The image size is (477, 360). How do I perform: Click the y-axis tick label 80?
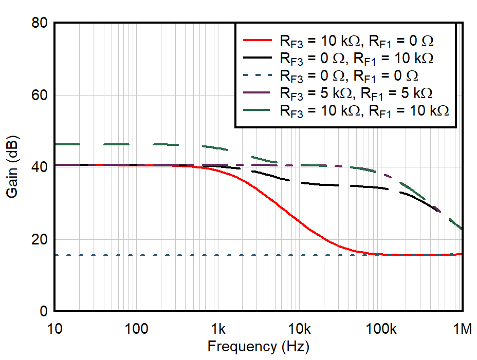point(39,23)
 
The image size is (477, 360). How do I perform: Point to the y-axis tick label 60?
point(39,96)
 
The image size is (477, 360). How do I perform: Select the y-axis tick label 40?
point(39,167)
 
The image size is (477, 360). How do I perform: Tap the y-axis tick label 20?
point(39,240)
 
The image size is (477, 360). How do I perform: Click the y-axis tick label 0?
point(43,312)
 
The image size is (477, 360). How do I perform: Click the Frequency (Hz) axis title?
point(258,347)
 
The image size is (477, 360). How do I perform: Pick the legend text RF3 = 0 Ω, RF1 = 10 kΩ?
point(356,58)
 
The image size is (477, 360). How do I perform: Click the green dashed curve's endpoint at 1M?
point(463,229)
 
